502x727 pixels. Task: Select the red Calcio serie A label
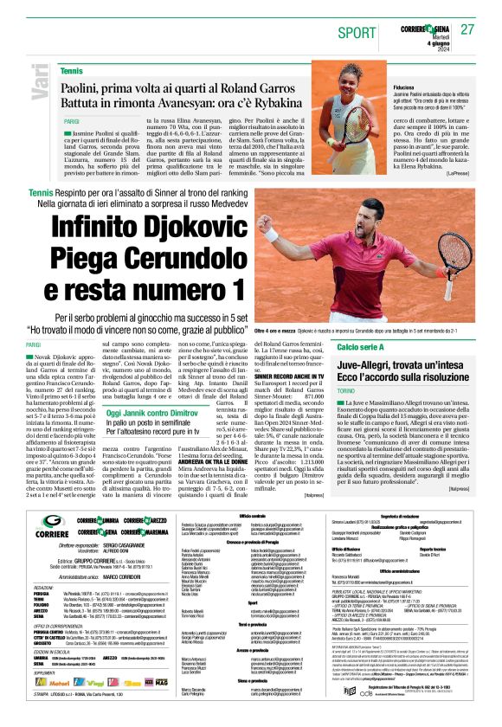click(x=361, y=347)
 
